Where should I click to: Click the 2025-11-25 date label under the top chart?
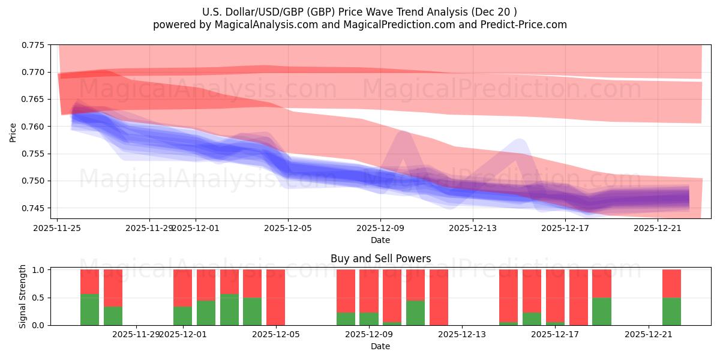pos(58,228)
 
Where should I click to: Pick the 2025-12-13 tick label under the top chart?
pos(473,228)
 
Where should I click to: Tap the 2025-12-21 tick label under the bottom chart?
pos(649,335)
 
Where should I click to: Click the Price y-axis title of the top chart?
pos(13,132)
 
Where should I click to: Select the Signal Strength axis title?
pos(23,296)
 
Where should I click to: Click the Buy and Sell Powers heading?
pos(380,259)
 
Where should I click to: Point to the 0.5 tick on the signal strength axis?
pos(38,298)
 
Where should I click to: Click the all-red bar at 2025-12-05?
pos(275,297)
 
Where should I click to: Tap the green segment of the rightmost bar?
pos(671,311)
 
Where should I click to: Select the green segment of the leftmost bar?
pos(89,310)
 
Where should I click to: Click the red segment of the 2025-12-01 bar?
pos(182,288)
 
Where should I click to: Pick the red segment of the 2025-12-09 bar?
pos(369,291)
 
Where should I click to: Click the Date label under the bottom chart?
pos(380,346)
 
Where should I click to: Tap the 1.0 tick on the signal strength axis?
pos(38,270)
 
